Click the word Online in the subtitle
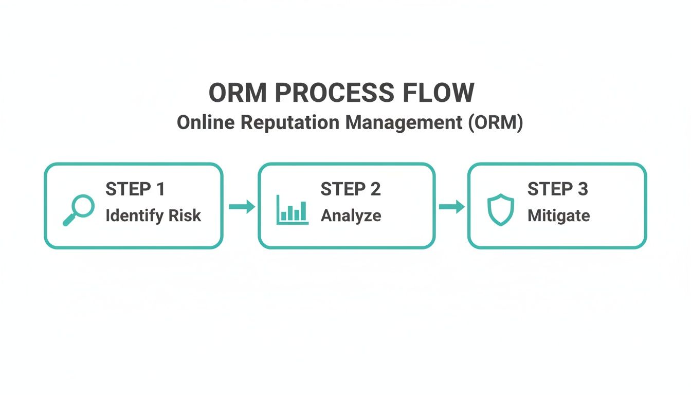[x=205, y=123]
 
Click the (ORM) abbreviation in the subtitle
[x=496, y=123]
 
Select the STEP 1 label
[x=135, y=189]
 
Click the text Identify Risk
[x=153, y=216]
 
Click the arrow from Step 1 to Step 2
[x=242, y=207]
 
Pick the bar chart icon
[x=292, y=210]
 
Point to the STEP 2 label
[x=350, y=189]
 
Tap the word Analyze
[x=351, y=216]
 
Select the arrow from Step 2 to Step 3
[x=451, y=207]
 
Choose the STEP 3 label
[x=557, y=189]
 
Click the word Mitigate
[x=558, y=216]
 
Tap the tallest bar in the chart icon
[x=303, y=211]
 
